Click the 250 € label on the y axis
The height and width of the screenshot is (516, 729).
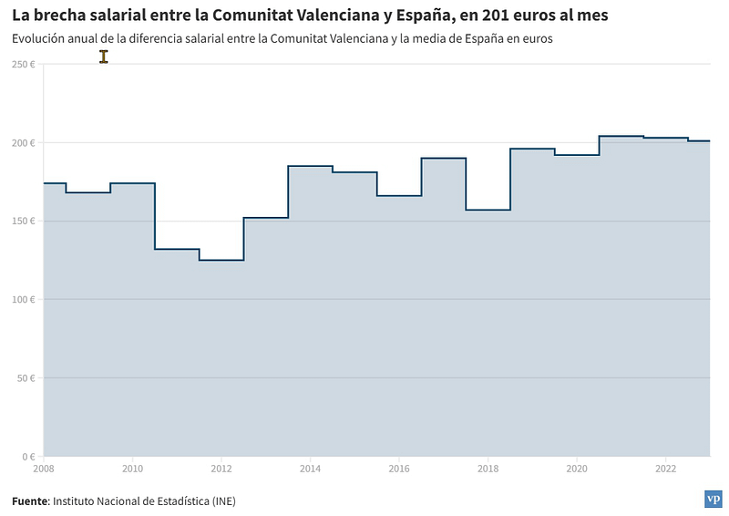coord(24,64)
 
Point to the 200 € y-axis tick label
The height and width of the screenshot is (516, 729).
coord(24,143)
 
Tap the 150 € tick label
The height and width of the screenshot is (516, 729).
coord(24,221)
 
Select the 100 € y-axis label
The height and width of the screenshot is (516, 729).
coord(24,299)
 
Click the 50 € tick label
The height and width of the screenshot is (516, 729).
coord(26,377)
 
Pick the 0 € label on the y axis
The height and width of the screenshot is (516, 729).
coord(28,456)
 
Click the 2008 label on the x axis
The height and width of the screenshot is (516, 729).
coord(43,469)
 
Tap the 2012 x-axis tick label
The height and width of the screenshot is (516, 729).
coord(221,469)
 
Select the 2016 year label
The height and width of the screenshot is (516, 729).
coord(399,469)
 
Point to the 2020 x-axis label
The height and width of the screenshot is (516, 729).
coord(577,469)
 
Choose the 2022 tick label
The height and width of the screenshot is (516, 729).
coord(665,469)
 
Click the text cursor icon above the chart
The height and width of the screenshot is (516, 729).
coord(104,57)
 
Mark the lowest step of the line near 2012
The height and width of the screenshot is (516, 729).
coord(221,260)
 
